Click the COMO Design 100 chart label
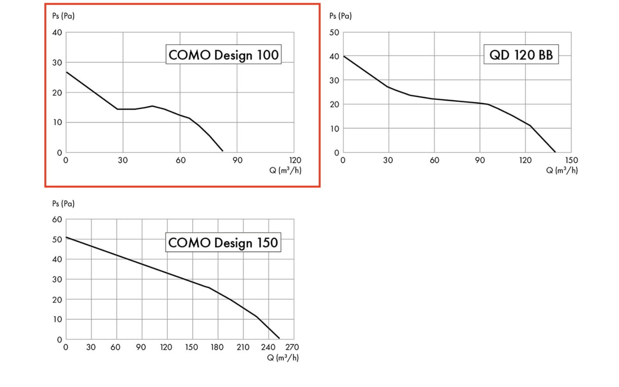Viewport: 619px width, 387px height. (x=223, y=54)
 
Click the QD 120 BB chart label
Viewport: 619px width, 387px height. (x=521, y=54)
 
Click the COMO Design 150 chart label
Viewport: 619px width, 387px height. (x=223, y=242)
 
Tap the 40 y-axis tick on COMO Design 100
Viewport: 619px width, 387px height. (x=57, y=32)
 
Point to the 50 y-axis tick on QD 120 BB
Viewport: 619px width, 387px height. (x=334, y=32)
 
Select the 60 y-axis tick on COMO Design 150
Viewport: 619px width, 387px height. (x=57, y=220)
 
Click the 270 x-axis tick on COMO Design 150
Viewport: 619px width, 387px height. (x=292, y=347)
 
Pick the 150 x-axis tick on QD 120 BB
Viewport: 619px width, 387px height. (x=571, y=160)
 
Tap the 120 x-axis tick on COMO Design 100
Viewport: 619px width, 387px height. (x=295, y=160)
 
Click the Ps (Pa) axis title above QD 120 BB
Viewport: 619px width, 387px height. (x=340, y=16)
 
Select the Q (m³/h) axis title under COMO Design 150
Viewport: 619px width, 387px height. (x=283, y=358)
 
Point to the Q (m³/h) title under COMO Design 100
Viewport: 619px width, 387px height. (x=285, y=170)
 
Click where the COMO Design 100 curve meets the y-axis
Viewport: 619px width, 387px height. (x=66, y=72)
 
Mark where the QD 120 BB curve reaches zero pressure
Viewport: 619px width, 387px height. (x=555, y=152)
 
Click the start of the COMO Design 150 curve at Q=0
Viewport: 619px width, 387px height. (x=66, y=237)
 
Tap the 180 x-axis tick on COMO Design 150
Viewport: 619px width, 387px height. (x=217, y=347)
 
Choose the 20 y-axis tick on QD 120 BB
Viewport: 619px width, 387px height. (x=334, y=104)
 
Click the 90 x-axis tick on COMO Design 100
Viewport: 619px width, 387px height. (x=237, y=160)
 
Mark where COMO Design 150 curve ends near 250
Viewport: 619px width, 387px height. (x=279, y=338)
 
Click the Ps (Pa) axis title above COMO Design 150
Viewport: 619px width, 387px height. (x=63, y=203)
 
